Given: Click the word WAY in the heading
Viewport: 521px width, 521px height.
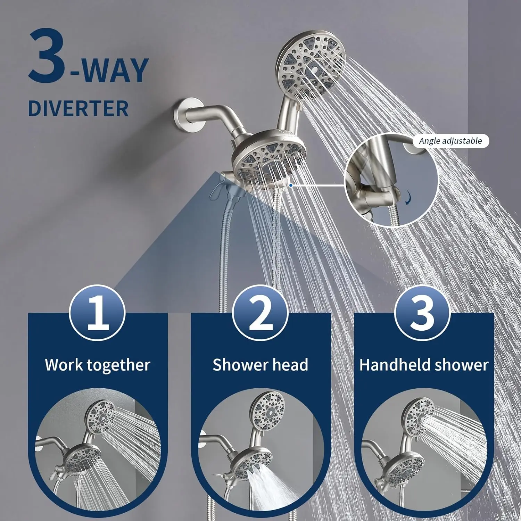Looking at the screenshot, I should [115, 71].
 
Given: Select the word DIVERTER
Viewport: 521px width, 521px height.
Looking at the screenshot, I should [78, 108].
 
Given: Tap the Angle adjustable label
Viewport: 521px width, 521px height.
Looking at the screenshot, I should [450, 141].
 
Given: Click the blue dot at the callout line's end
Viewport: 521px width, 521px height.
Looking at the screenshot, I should [291, 185].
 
